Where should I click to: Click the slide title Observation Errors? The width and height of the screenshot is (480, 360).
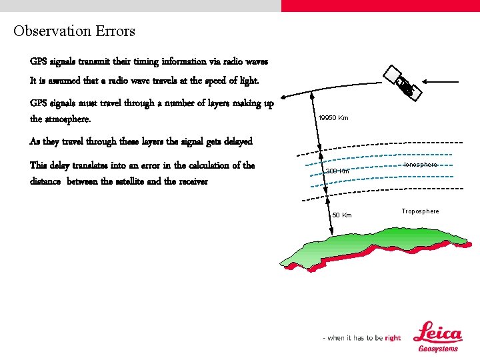coord(74,31)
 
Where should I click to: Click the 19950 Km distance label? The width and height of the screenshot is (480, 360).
coord(333,118)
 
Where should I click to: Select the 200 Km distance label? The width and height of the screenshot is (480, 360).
coord(337,171)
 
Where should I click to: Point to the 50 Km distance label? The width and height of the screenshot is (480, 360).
coord(342,215)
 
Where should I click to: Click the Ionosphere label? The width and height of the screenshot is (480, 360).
coord(421,165)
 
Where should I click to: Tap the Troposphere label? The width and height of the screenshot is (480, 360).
coord(420,211)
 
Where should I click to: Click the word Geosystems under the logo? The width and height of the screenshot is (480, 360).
coord(438,349)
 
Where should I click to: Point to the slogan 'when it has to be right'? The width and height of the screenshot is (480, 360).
coord(362,338)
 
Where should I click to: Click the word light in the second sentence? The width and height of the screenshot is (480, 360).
coord(244,81)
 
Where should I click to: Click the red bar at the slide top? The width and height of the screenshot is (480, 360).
coord(380,5)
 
